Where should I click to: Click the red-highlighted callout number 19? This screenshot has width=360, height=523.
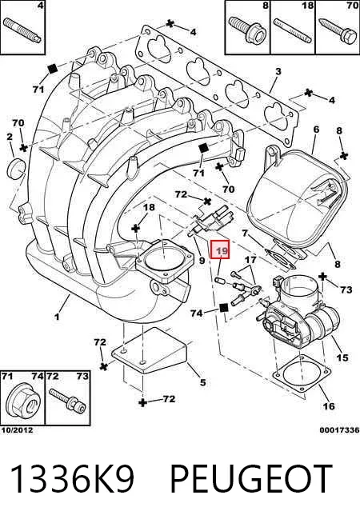point(220,250)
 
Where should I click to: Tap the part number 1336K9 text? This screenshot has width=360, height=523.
point(73,480)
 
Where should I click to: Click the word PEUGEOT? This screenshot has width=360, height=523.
point(251,480)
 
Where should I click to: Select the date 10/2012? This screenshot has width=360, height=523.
point(17,430)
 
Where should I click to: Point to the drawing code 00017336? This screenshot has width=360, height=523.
point(339,430)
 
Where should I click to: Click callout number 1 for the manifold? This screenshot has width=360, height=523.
point(57,316)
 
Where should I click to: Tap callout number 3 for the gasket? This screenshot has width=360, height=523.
point(278,71)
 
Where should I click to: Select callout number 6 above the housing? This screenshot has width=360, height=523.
point(316,130)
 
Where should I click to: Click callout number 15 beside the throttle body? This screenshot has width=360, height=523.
point(342,357)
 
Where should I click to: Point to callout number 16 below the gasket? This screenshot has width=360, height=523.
point(329,406)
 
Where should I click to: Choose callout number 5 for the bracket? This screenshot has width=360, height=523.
point(203,382)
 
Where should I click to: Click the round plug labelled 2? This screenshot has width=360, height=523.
point(16,168)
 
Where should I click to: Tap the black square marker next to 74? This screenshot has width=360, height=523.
point(223,308)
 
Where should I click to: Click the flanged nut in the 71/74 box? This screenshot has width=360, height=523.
point(22,401)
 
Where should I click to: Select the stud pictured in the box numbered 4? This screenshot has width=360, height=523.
point(22,30)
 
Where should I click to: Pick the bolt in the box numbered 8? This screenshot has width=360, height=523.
point(248,30)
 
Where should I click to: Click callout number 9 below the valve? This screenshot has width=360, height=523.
point(202,259)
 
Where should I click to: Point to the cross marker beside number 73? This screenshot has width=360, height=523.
point(322,277)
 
